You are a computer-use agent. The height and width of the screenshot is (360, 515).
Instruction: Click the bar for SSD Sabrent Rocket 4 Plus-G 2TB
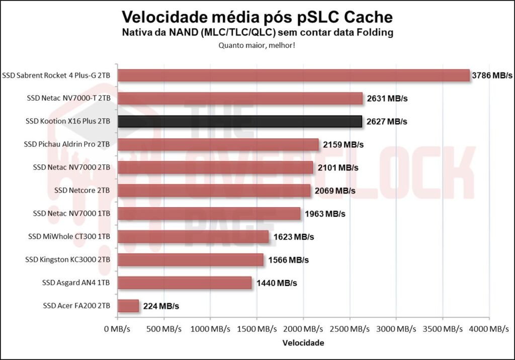[x=293, y=75]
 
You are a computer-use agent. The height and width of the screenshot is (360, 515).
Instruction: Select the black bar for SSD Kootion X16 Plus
[x=239, y=121]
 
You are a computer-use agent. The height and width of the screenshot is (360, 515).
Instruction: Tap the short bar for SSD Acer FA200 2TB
[x=128, y=306]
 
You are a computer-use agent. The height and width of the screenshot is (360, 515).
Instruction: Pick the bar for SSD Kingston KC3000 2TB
[x=191, y=259]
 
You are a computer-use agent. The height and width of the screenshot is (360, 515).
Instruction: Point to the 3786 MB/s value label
[x=492, y=75]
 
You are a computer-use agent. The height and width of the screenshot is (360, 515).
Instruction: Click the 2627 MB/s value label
[x=386, y=121]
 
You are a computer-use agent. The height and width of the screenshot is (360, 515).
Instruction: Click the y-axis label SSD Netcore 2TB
[x=82, y=191]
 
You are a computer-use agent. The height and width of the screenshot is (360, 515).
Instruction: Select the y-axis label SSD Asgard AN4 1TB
[x=76, y=283]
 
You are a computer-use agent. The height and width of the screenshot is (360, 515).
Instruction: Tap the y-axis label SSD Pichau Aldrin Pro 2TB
[x=67, y=144]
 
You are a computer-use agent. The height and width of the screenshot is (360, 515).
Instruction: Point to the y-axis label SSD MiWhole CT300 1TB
[x=69, y=236]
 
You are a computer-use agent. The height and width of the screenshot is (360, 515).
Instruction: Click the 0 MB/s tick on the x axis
[x=118, y=329]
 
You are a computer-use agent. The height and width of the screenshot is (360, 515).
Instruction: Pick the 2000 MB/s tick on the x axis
[x=303, y=329]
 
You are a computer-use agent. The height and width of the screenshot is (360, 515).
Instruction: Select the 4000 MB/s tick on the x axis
[x=488, y=329]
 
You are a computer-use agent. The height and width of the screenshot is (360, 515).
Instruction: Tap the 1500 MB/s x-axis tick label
[x=256, y=329]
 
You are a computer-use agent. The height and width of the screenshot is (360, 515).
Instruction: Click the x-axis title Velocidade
[x=303, y=343]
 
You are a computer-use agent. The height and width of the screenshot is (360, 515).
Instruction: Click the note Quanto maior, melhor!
[x=256, y=45]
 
